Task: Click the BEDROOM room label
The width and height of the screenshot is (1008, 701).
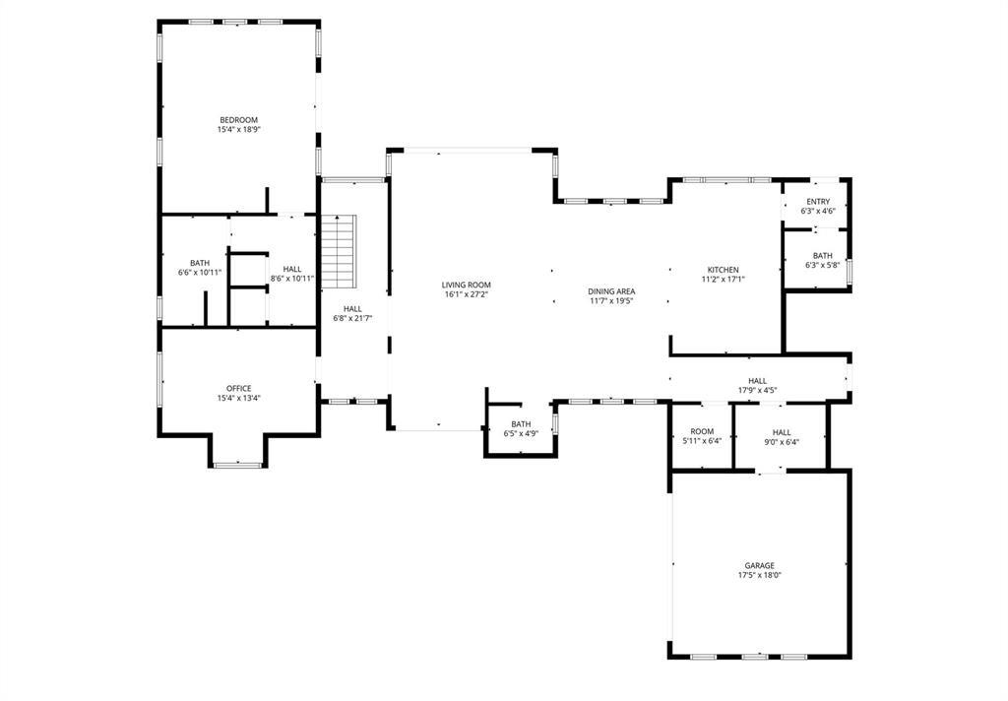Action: click(238, 120)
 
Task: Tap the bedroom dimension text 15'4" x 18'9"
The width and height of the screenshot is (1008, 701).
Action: click(238, 130)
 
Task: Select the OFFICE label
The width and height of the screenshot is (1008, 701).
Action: click(238, 388)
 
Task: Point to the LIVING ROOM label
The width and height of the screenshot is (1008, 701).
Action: click(467, 285)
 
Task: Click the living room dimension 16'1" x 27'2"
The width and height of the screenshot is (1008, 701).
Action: click(467, 294)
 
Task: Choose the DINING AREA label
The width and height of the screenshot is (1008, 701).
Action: click(611, 291)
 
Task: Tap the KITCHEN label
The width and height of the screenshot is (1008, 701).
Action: click(723, 270)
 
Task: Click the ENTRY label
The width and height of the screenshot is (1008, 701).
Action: click(817, 202)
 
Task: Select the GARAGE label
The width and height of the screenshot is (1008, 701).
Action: click(759, 566)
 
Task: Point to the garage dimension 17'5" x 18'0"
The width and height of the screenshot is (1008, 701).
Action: click(759, 576)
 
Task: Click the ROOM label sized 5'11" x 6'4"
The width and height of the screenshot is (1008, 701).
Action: click(702, 431)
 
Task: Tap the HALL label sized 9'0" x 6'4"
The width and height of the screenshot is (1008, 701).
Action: click(781, 431)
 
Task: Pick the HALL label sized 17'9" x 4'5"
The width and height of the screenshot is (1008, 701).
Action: click(757, 381)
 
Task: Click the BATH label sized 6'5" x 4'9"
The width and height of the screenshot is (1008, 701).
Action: click(521, 423)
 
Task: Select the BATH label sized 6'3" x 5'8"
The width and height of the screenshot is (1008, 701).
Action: click(822, 256)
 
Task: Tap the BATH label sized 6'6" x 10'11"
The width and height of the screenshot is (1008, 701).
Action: click(200, 263)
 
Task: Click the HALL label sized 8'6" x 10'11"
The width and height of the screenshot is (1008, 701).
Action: click(292, 269)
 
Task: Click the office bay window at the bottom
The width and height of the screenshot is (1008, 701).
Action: click(237, 464)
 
